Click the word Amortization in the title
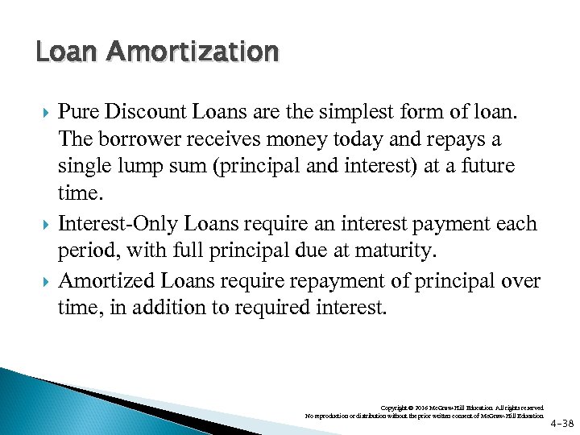(193, 52)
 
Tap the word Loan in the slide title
(67, 52)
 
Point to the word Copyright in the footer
(396, 408)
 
